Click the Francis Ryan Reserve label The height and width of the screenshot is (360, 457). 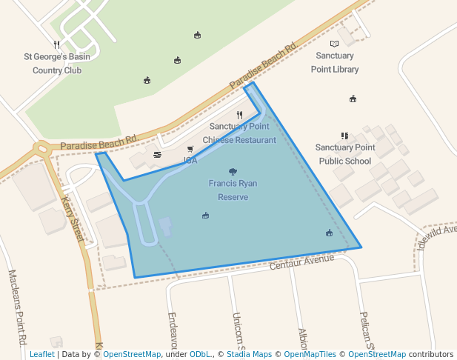click(x=233, y=190)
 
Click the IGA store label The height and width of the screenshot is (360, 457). click(x=190, y=160)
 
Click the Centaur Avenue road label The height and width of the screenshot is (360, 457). click(x=303, y=261)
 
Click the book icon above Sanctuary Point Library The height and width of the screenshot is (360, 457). click(x=334, y=44)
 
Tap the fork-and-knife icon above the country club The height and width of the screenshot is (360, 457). click(x=56, y=44)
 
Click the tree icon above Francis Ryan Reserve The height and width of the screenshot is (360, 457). click(x=233, y=171)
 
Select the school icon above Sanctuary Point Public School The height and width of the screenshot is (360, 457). click(x=344, y=136)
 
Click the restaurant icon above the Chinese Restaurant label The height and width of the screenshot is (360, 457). click(x=239, y=115)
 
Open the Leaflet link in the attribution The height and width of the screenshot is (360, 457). click(x=41, y=354)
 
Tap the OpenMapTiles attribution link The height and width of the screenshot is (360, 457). click(x=310, y=354)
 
